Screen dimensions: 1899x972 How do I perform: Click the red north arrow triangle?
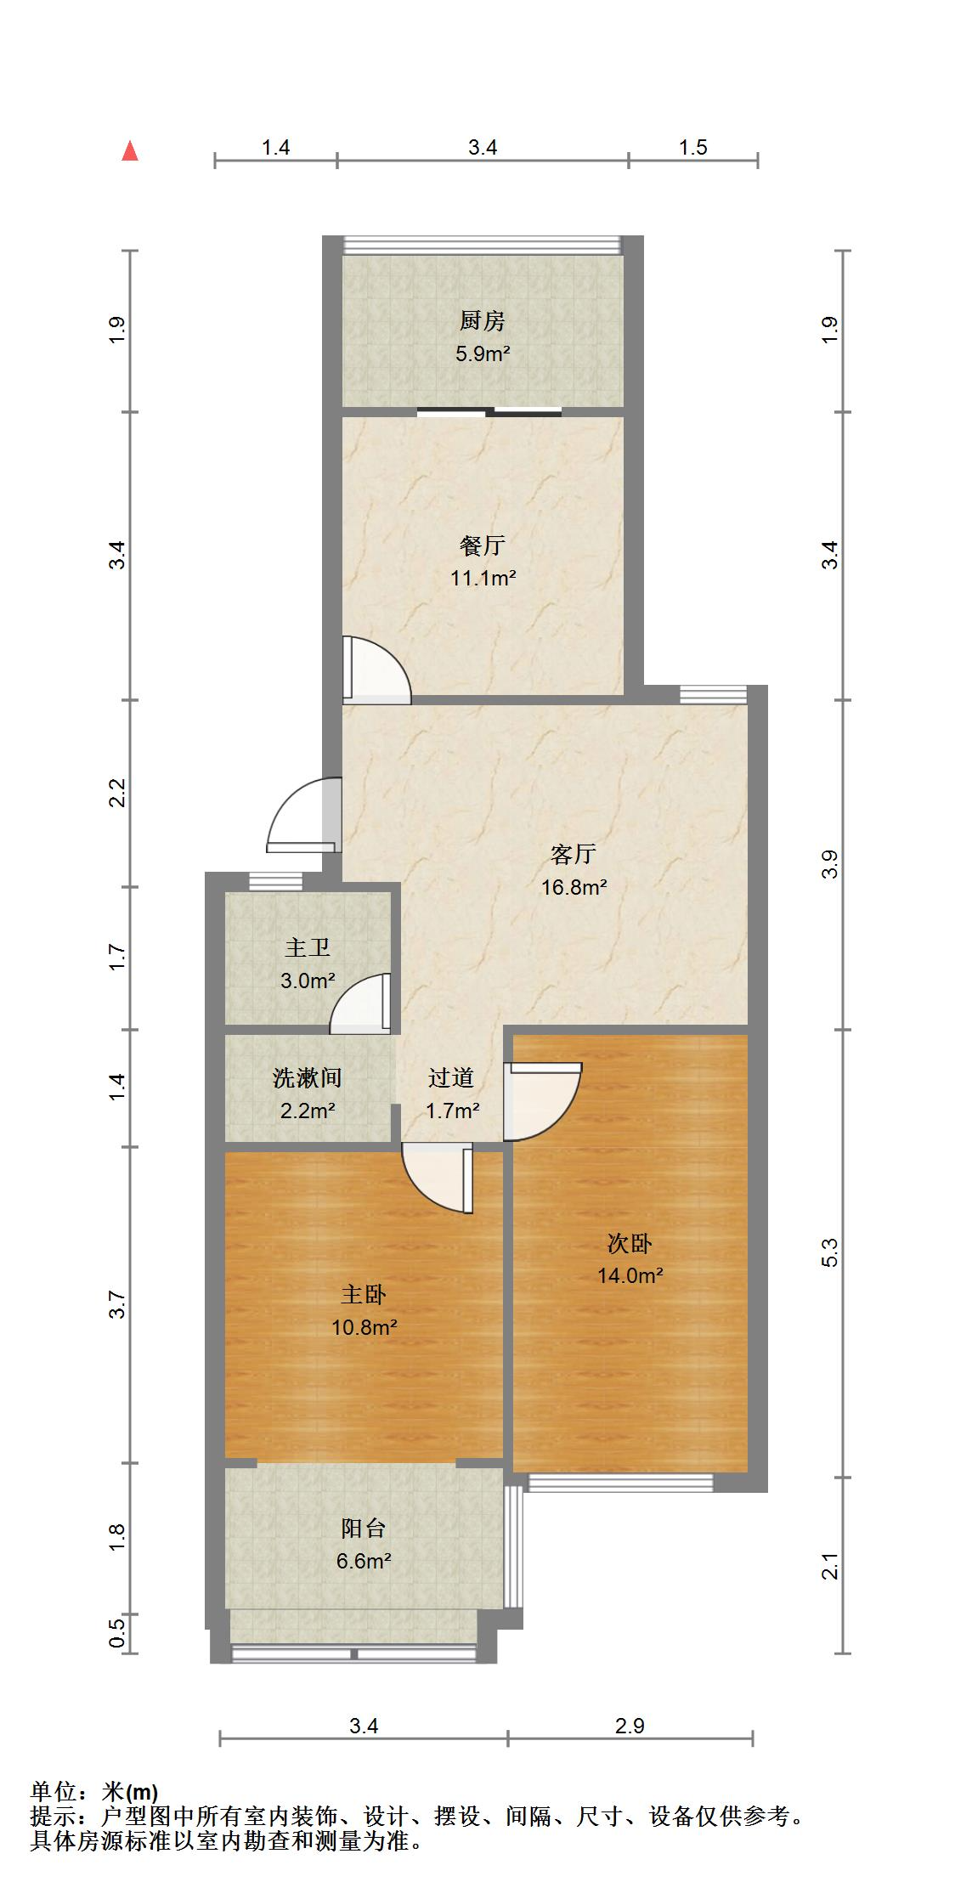tap(130, 152)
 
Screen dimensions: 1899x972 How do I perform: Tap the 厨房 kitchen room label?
tap(482, 321)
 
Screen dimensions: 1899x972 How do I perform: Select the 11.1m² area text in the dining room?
tap(483, 579)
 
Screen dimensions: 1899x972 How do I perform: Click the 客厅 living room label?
tap(574, 853)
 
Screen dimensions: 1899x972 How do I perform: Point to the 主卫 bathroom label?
tap(307, 947)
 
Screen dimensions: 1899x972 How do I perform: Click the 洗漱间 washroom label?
tap(307, 1078)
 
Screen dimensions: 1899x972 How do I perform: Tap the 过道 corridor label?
tap(451, 1078)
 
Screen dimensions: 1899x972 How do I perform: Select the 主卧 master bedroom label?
tap(364, 1295)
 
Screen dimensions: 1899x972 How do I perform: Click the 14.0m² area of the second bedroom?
tap(630, 1275)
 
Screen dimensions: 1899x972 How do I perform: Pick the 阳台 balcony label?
tap(364, 1529)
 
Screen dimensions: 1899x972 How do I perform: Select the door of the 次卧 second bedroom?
tap(540, 1100)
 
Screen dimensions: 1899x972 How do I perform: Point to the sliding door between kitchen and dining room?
tap(489, 413)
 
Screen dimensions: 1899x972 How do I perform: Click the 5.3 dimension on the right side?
tap(830, 1252)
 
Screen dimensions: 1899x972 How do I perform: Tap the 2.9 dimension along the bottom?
tap(630, 1726)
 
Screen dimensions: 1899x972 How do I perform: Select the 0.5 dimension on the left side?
tap(118, 1633)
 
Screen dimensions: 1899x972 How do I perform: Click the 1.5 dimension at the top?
tap(692, 148)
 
